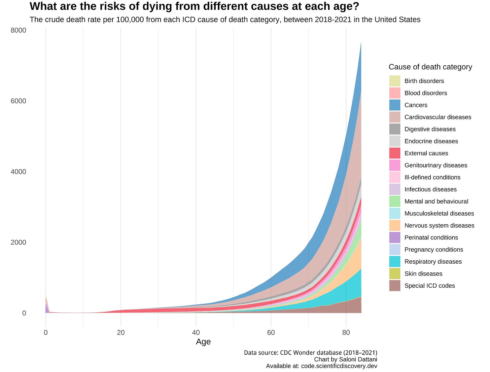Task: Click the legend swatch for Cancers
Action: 394,105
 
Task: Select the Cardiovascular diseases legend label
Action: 438,117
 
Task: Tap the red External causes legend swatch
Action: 394,153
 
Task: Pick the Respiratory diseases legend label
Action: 433,262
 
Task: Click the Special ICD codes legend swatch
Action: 394,286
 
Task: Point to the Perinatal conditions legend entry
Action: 431,237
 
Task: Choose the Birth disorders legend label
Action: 424,81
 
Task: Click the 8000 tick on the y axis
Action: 18,31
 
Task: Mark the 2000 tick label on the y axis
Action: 18,243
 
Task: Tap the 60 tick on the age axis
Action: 271,333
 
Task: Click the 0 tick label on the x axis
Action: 46,333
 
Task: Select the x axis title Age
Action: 203,342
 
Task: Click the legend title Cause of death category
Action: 430,67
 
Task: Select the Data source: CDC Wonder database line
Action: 310,353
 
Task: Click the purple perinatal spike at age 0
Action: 47,308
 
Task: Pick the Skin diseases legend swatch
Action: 394,274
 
